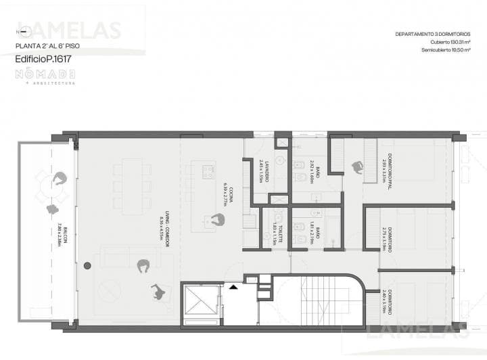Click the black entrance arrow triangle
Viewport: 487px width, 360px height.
(233, 287)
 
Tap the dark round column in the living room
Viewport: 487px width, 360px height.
(87, 267)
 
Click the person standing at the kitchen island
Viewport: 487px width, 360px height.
(216, 220)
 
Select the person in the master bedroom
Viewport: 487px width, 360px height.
(356, 167)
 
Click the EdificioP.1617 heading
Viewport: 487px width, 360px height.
(43, 59)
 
